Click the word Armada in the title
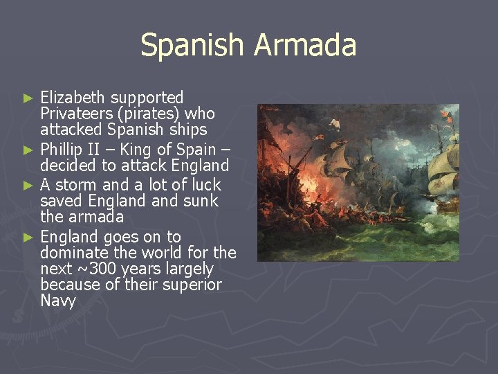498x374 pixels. (x=304, y=46)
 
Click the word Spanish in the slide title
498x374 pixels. (x=192, y=46)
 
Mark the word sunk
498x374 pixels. (x=201, y=201)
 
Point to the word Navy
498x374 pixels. (x=58, y=301)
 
